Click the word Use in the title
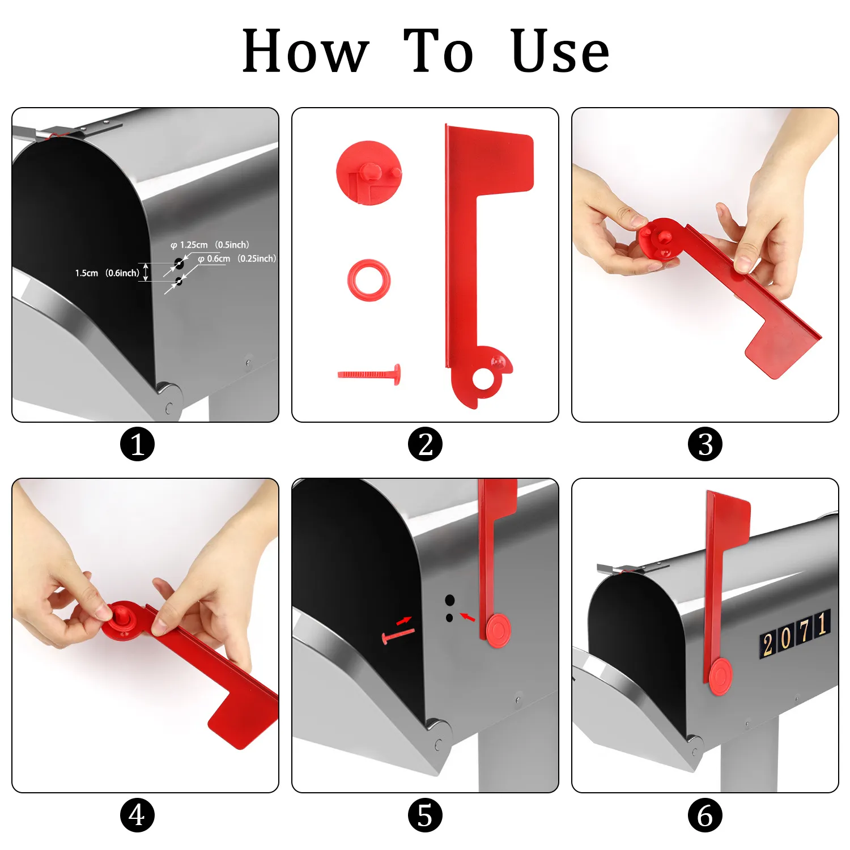[x=560, y=52]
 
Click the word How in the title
[x=306, y=52]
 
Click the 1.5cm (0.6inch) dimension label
[x=107, y=273]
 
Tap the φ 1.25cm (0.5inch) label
[x=210, y=245]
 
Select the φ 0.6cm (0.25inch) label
[x=237, y=258]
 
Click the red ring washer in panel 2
[x=369, y=280]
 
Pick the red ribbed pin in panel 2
[x=369, y=375]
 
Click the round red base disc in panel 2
[x=369, y=173]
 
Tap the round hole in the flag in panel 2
[x=483, y=379]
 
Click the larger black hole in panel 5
[x=449, y=600]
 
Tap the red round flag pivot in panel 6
[x=720, y=677]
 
